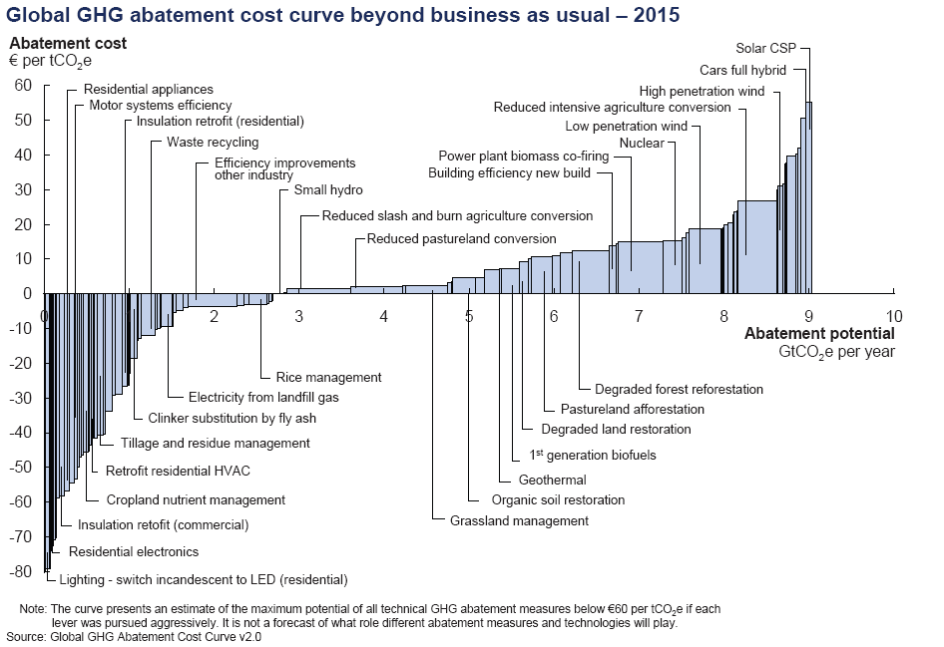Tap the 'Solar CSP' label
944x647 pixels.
point(766,47)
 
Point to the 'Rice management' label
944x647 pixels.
point(328,377)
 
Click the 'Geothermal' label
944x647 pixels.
point(553,480)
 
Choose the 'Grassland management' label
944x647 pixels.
point(519,520)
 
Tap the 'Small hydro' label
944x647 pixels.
point(328,189)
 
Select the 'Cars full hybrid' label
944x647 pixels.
point(741,70)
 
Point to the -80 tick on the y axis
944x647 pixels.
point(20,571)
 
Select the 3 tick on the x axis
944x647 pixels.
point(298,317)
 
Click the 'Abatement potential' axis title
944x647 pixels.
point(819,334)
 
